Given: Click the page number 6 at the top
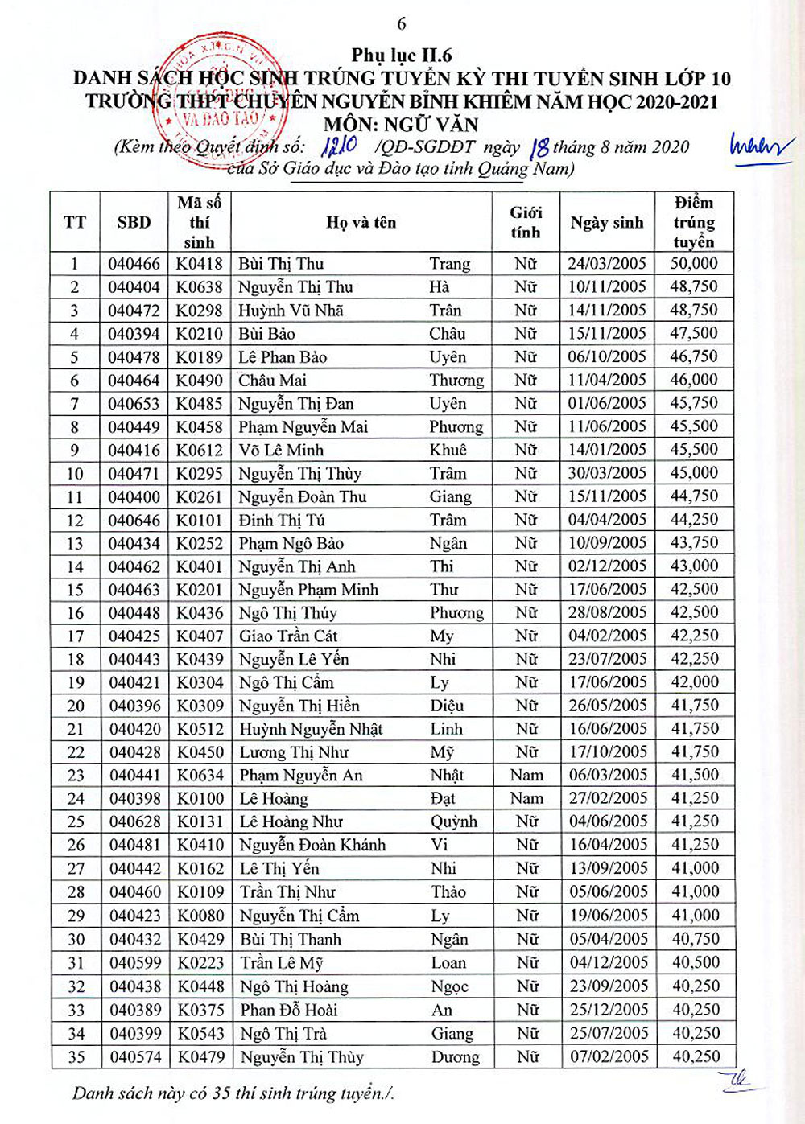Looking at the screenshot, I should coord(402,24).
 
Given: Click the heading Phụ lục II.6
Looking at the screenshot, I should coord(402,56).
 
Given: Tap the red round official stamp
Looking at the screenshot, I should coord(219,101).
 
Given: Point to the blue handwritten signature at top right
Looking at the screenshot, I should coord(759,148).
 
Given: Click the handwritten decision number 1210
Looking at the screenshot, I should coord(338,146).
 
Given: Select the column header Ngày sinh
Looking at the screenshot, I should coord(607,223).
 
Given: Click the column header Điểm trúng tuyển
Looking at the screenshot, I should coord(694,222).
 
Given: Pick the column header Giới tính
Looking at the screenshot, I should coord(526,223).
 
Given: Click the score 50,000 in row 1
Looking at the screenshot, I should coord(694,264).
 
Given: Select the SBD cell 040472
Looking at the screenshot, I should coord(134,311).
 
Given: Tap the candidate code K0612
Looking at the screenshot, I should coord(200,451).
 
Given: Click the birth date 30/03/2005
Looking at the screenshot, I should coord(608,473).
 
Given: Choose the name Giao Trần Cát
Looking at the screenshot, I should coord(288,636).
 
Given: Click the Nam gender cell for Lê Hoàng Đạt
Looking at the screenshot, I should coord(526,799).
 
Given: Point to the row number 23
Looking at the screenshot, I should coord(76,776).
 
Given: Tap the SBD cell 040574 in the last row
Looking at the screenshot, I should coord(135,1056).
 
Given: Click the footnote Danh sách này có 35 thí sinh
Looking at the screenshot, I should coord(233,1093).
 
